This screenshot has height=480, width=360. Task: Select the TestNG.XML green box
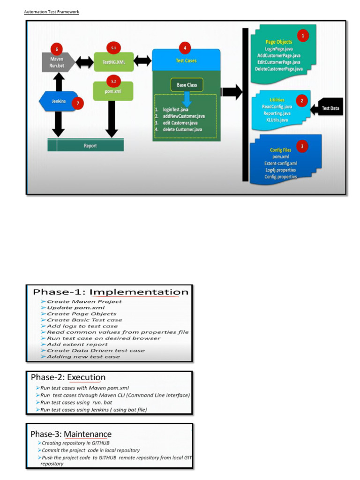coord(113,61)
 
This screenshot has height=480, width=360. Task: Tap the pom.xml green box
coord(113,91)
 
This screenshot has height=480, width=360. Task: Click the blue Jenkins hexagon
coord(59,101)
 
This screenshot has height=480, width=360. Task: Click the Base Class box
coord(187,85)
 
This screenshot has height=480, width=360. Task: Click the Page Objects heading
coord(278,42)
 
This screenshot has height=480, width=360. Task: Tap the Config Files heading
coord(280,150)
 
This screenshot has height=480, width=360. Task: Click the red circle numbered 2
coord(302,99)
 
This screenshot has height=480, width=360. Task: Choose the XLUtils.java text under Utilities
coord(277,120)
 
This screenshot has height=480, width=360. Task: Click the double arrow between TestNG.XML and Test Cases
coord(142,61)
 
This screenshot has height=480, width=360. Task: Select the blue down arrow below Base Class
coord(187,99)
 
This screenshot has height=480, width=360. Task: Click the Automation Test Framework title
coord(52,12)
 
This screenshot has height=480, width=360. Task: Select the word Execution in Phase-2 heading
coord(86,377)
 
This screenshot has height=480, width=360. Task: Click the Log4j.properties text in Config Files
coord(280,170)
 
